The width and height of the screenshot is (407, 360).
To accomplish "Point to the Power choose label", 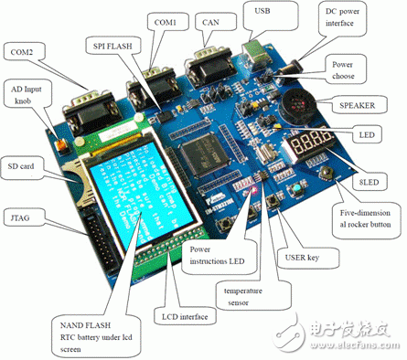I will click(350, 68).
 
